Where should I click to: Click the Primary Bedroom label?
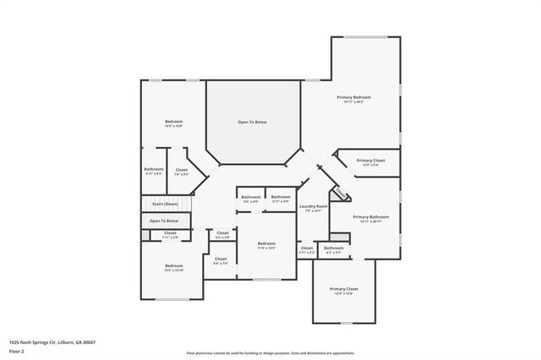coord(354,98)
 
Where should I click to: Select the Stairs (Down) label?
coord(165,204)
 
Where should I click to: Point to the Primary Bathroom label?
coord(371,216)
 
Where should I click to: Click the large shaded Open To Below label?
coord(252,123)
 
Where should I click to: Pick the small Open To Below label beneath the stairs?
coord(165,221)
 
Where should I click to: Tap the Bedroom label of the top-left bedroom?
coord(173,122)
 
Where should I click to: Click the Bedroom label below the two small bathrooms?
coord(266,243)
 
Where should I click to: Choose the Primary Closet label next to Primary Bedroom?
coord(370,160)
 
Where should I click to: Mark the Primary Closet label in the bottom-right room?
coord(343,289)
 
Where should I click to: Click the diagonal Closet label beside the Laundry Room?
coord(340,194)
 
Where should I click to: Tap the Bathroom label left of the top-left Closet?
coord(153,169)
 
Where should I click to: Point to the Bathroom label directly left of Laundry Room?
coord(281,197)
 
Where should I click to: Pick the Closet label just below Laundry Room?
coord(306,248)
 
